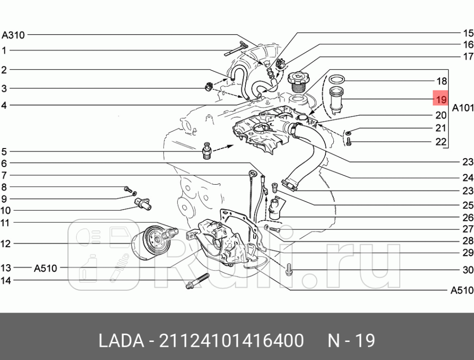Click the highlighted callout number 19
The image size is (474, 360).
coord(441,99)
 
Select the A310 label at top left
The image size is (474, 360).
coord(13,35)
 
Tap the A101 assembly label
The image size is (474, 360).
coord(462,107)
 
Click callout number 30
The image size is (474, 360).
coord(468,270)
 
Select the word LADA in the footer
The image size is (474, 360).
coord(120,340)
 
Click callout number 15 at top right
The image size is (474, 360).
coord(468,33)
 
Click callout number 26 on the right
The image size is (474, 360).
coord(468,218)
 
